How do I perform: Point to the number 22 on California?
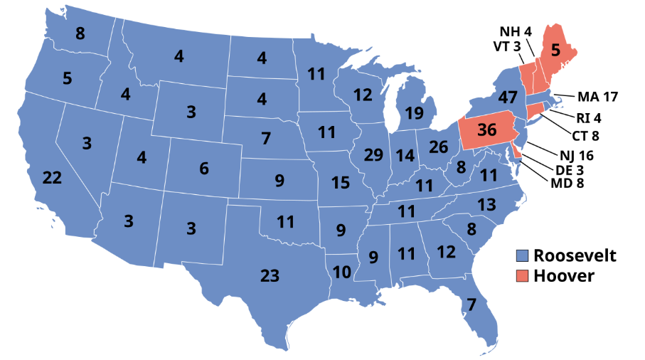52,179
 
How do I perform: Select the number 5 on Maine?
556,51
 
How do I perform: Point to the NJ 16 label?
576,154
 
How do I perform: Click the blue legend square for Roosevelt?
523,255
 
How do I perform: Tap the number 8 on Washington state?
80,33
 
